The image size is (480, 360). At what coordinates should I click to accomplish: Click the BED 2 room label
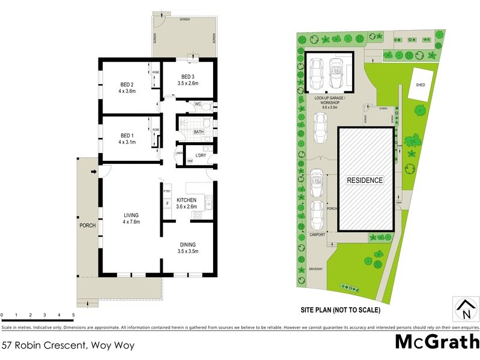127,84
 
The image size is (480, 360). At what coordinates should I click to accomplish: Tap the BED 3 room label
188,77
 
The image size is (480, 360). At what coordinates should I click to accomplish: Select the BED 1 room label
127,135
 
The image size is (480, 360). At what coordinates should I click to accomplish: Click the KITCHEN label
187,199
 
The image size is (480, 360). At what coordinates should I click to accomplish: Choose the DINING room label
188,245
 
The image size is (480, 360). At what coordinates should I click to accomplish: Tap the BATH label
199,131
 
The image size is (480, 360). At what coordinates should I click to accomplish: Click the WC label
197,104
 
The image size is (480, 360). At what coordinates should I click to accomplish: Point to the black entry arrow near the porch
92,173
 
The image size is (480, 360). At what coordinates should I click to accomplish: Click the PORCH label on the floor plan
87,226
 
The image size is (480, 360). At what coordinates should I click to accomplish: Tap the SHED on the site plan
421,85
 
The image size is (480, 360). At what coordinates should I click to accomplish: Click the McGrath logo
436,342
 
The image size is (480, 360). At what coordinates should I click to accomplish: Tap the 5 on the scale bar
73,314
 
